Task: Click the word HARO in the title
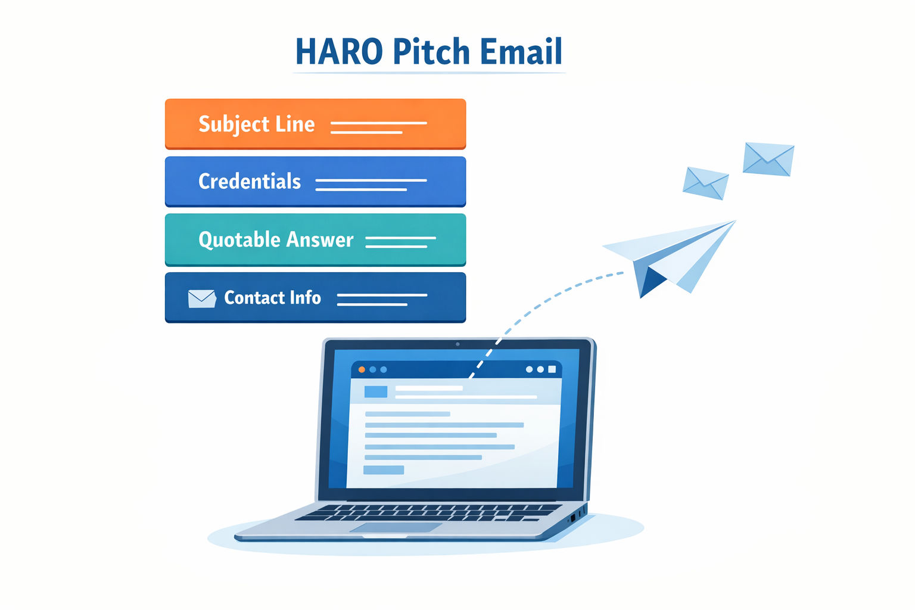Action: click(x=339, y=51)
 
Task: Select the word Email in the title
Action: click(x=521, y=51)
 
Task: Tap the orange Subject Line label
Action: click(x=257, y=124)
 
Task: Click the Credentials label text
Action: click(x=250, y=182)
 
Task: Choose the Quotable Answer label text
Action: click(x=276, y=239)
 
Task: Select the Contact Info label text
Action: click(x=272, y=297)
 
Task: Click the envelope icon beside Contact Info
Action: click(x=202, y=298)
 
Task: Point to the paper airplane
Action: click(x=670, y=257)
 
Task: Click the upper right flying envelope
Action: click(x=768, y=159)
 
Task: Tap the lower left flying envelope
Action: click(x=705, y=183)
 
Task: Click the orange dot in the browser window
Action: click(x=362, y=369)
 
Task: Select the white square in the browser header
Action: click(x=552, y=369)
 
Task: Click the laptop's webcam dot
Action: click(x=457, y=344)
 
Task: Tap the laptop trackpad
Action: click(x=396, y=527)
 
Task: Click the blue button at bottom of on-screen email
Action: click(x=384, y=470)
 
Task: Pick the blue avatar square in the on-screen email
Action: click(x=376, y=391)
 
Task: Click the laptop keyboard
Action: click(x=429, y=512)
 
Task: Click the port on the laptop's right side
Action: click(x=572, y=518)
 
